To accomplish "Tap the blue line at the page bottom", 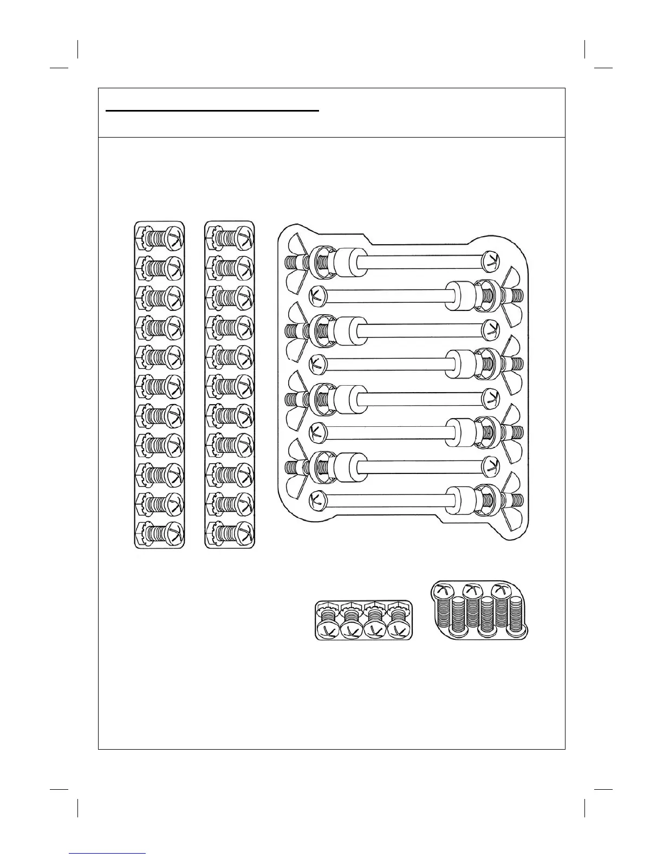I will point(108,854).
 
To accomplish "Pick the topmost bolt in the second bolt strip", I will point(230,237).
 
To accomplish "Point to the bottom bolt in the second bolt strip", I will point(230,531).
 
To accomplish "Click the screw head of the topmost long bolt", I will point(490,261).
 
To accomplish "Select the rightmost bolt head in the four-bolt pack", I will point(401,630).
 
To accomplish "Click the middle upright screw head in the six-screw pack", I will point(471,591).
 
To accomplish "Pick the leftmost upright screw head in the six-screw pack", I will point(443,591).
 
